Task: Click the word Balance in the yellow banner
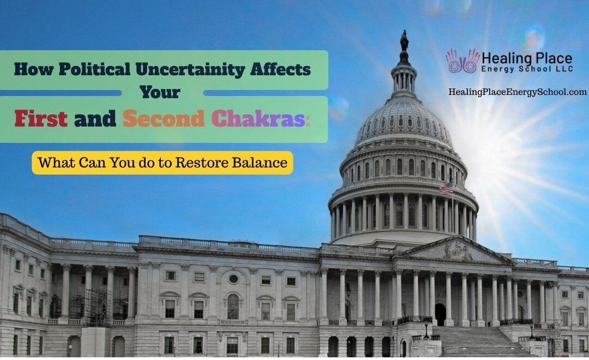tap(264, 163)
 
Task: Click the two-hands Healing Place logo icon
tap(462, 61)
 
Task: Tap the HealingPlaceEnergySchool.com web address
tap(517, 92)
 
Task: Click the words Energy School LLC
tap(525, 69)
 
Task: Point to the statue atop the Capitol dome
tap(404, 41)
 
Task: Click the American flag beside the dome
tap(446, 189)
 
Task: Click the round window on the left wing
tap(233, 279)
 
